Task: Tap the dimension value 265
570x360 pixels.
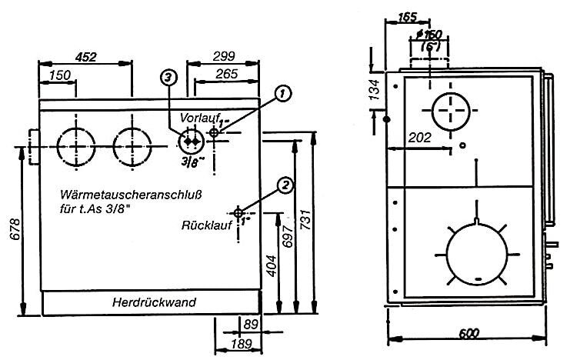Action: click(x=227, y=75)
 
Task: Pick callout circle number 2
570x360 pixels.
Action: click(x=285, y=185)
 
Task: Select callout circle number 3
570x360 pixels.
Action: click(x=169, y=75)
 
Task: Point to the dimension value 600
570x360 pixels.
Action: click(x=464, y=333)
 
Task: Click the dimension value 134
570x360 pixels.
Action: click(x=375, y=90)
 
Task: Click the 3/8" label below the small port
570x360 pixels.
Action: click(x=188, y=163)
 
